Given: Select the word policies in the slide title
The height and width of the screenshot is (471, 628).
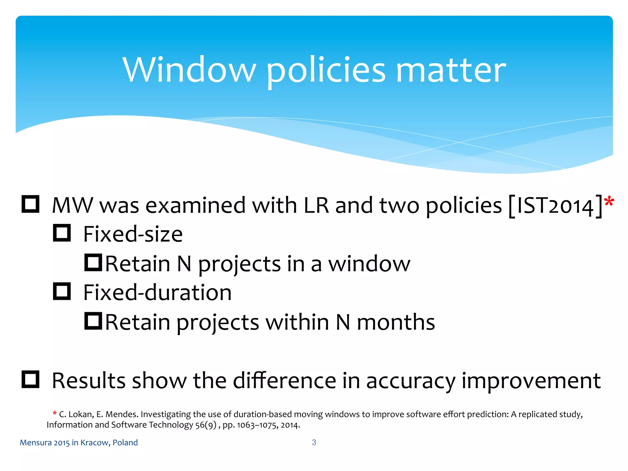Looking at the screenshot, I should tap(326, 71).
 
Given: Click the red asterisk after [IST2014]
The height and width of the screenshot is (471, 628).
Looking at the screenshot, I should tap(609, 202).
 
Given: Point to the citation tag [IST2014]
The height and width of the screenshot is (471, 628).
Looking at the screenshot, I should tap(555, 206).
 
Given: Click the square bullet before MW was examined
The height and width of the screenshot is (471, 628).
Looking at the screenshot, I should tap(30, 204).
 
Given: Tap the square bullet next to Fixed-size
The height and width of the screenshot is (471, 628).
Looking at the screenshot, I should tap(62, 233).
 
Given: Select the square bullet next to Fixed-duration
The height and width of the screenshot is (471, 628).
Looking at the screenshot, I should tap(62, 291).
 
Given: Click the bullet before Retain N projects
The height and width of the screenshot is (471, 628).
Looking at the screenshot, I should tap(93, 262).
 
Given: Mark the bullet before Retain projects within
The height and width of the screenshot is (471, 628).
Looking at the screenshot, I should tap(93, 321).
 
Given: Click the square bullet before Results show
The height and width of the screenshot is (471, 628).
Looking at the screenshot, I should tap(30, 380).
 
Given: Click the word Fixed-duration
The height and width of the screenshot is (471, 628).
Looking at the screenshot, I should tap(157, 293).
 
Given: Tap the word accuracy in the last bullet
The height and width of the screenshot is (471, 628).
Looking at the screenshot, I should tap(411, 381).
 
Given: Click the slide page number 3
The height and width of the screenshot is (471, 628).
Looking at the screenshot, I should tap(314, 442).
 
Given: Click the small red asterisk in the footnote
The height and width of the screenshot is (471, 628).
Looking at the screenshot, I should tap(55, 413).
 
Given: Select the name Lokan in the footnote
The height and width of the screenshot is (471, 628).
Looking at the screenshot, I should tap(81, 414).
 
